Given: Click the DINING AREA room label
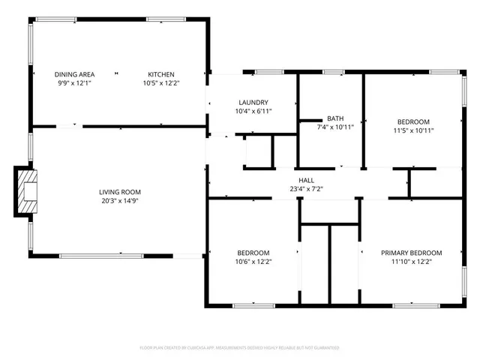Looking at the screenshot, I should pos(74,74).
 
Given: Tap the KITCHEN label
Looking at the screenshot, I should pos(160,74).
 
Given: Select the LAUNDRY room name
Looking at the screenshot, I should pos(253,102).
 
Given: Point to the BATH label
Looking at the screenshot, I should pos(334,118).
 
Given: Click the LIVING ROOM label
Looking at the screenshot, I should pos(120,191).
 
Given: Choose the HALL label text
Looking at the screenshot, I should pos(306,180).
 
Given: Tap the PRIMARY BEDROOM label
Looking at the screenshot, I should pos(411,253).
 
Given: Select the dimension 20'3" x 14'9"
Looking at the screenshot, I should pos(120,200).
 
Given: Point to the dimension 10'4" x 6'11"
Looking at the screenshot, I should pos(253,111).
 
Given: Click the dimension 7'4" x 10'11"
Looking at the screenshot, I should pos(334,127).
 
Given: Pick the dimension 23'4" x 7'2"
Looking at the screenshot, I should pos(306,189).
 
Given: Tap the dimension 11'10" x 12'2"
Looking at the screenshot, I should pos(411,262).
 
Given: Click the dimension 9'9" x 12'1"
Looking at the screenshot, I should pos(74,83).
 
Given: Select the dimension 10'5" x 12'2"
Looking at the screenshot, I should pos(160,83).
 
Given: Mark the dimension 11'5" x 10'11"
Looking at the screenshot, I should pos(413,130).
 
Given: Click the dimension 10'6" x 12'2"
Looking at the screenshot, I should pos(253,262).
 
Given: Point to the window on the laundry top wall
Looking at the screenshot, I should pos(266,73).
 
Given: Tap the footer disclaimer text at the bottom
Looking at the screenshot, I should pos(239,348).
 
